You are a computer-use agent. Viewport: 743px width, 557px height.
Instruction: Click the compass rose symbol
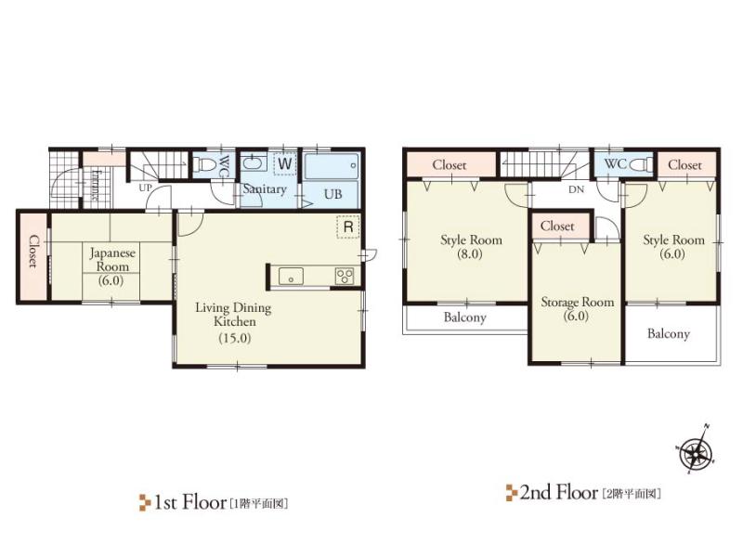695,453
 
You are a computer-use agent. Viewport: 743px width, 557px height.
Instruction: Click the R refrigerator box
347,227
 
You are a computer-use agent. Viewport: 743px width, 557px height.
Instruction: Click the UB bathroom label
332,194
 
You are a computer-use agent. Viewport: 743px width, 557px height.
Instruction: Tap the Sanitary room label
264,188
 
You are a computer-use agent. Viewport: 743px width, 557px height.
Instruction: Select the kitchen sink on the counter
290,276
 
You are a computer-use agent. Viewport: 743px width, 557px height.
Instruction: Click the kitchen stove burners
344,276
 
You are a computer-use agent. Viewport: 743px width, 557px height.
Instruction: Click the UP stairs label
145,188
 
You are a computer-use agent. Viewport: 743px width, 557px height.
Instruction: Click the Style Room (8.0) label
471,247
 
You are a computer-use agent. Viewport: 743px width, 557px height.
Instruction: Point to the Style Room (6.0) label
674,247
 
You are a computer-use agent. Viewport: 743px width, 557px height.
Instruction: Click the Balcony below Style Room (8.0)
464,317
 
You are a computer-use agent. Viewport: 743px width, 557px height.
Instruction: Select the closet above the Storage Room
557,226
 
